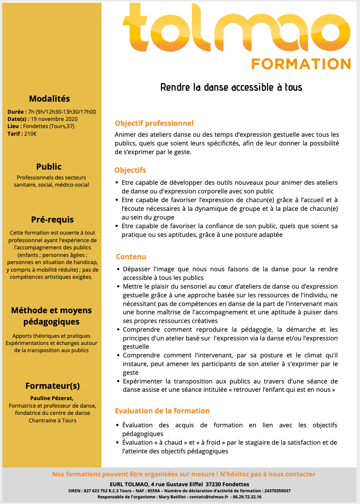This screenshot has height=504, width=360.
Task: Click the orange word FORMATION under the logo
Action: pyautogui.click(x=301, y=64)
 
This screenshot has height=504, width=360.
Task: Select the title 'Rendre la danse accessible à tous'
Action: pyautogui.click(x=231, y=87)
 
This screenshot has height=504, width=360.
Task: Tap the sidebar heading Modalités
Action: pyautogui.click(x=50, y=99)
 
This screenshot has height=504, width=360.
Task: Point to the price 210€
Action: pyautogui.click(x=30, y=134)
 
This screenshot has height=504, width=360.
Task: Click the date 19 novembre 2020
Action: pyautogui.click(x=54, y=119)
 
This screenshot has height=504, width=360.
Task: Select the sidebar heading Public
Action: pyautogui.click(x=49, y=167)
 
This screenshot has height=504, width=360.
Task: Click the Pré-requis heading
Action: pyautogui.click(x=52, y=220)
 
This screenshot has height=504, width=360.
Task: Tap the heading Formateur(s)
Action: pyautogui.click(x=53, y=386)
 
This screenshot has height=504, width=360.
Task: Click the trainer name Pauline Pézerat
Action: pyautogui.click(x=52, y=398)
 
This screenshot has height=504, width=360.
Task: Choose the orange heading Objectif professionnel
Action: pyautogui.click(x=154, y=123)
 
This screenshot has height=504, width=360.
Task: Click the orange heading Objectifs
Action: pyautogui.click(x=130, y=170)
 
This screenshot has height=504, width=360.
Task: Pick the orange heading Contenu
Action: pyautogui.click(x=131, y=257)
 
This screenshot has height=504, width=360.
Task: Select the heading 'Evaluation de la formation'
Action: pyautogui.click(x=162, y=411)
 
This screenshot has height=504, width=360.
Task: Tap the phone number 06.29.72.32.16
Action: pyautogui.click(x=247, y=497)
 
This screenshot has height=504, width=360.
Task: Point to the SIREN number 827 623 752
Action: pyautogui.click(x=96, y=491)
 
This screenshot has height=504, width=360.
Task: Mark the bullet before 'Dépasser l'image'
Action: pyautogui.click(x=118, y=269)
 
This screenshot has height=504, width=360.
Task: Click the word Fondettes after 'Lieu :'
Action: pyautogui.click(x=36, y=126)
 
